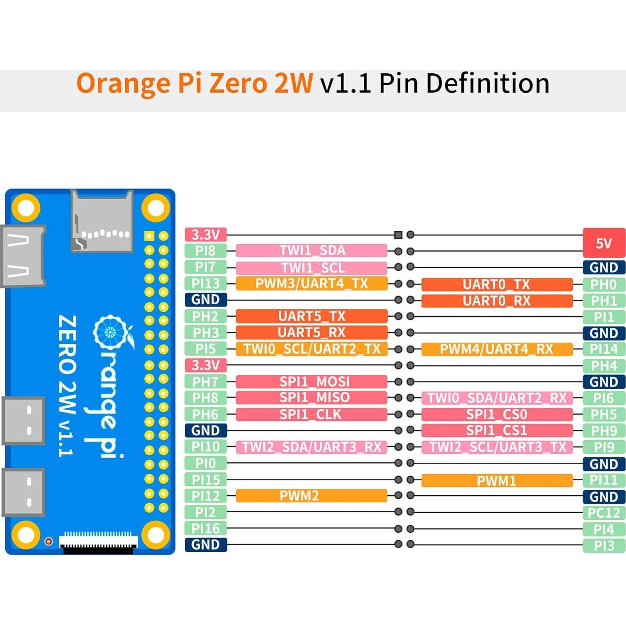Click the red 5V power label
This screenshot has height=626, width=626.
[604, 243]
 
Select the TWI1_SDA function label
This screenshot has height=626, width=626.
[311, 250]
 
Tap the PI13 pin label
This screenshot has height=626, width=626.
[205, 283]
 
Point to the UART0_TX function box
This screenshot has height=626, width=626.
[496, 284]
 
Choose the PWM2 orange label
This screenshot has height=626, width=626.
[311, 496]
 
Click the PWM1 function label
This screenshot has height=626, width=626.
[496, 481]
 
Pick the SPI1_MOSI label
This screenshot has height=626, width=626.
[311, 381]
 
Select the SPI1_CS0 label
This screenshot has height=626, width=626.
[496, 414]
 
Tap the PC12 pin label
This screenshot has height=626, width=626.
[604, 513]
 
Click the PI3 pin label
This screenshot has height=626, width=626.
[604, 546]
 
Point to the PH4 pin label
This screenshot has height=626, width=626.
[604, 365]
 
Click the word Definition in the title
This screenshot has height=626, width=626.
[487, 83]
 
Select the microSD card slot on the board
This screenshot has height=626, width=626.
[102, 222]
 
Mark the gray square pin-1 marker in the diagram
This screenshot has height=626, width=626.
[398, 235]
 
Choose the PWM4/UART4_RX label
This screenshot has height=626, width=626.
[496, 349]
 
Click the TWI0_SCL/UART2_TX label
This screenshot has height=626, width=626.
[311, 349]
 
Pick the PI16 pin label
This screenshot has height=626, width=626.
[205, 528]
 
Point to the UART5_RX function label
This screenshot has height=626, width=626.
[311, 332]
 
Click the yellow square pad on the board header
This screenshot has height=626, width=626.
[149, 236]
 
